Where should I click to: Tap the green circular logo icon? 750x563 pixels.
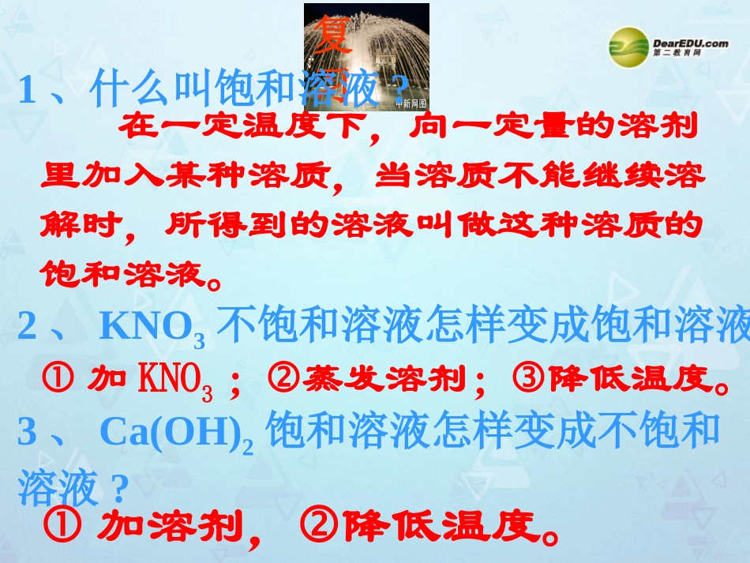pos(628,47)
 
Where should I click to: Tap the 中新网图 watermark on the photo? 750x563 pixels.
pos(411,103)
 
